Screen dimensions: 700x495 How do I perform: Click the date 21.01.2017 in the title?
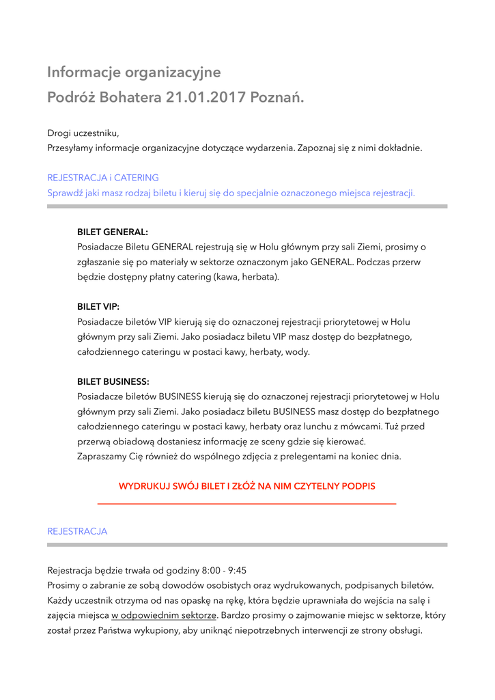tap(206, 98)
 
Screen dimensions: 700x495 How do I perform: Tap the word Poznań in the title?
tap(277, 98)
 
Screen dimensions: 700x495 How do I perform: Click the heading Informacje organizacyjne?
tap(134, 72)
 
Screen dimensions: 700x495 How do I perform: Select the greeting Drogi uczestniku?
tap(83, 133)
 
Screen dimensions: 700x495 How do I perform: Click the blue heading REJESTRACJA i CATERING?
tap(102, 178)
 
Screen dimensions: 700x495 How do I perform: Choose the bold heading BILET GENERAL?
tap(113, 232)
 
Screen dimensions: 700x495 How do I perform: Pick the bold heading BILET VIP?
tap(98, 307)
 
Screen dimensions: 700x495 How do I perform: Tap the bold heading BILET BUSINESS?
tap(113, 381)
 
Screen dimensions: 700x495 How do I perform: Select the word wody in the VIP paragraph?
tap(297, 352)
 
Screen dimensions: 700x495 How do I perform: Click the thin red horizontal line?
tap(246, 504)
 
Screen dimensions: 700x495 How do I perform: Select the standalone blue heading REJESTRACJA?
tap(77, 531)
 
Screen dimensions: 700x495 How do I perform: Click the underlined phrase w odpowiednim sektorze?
tap(164, 615)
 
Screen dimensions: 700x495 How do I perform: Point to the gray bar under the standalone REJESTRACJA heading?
tap(246, 545)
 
